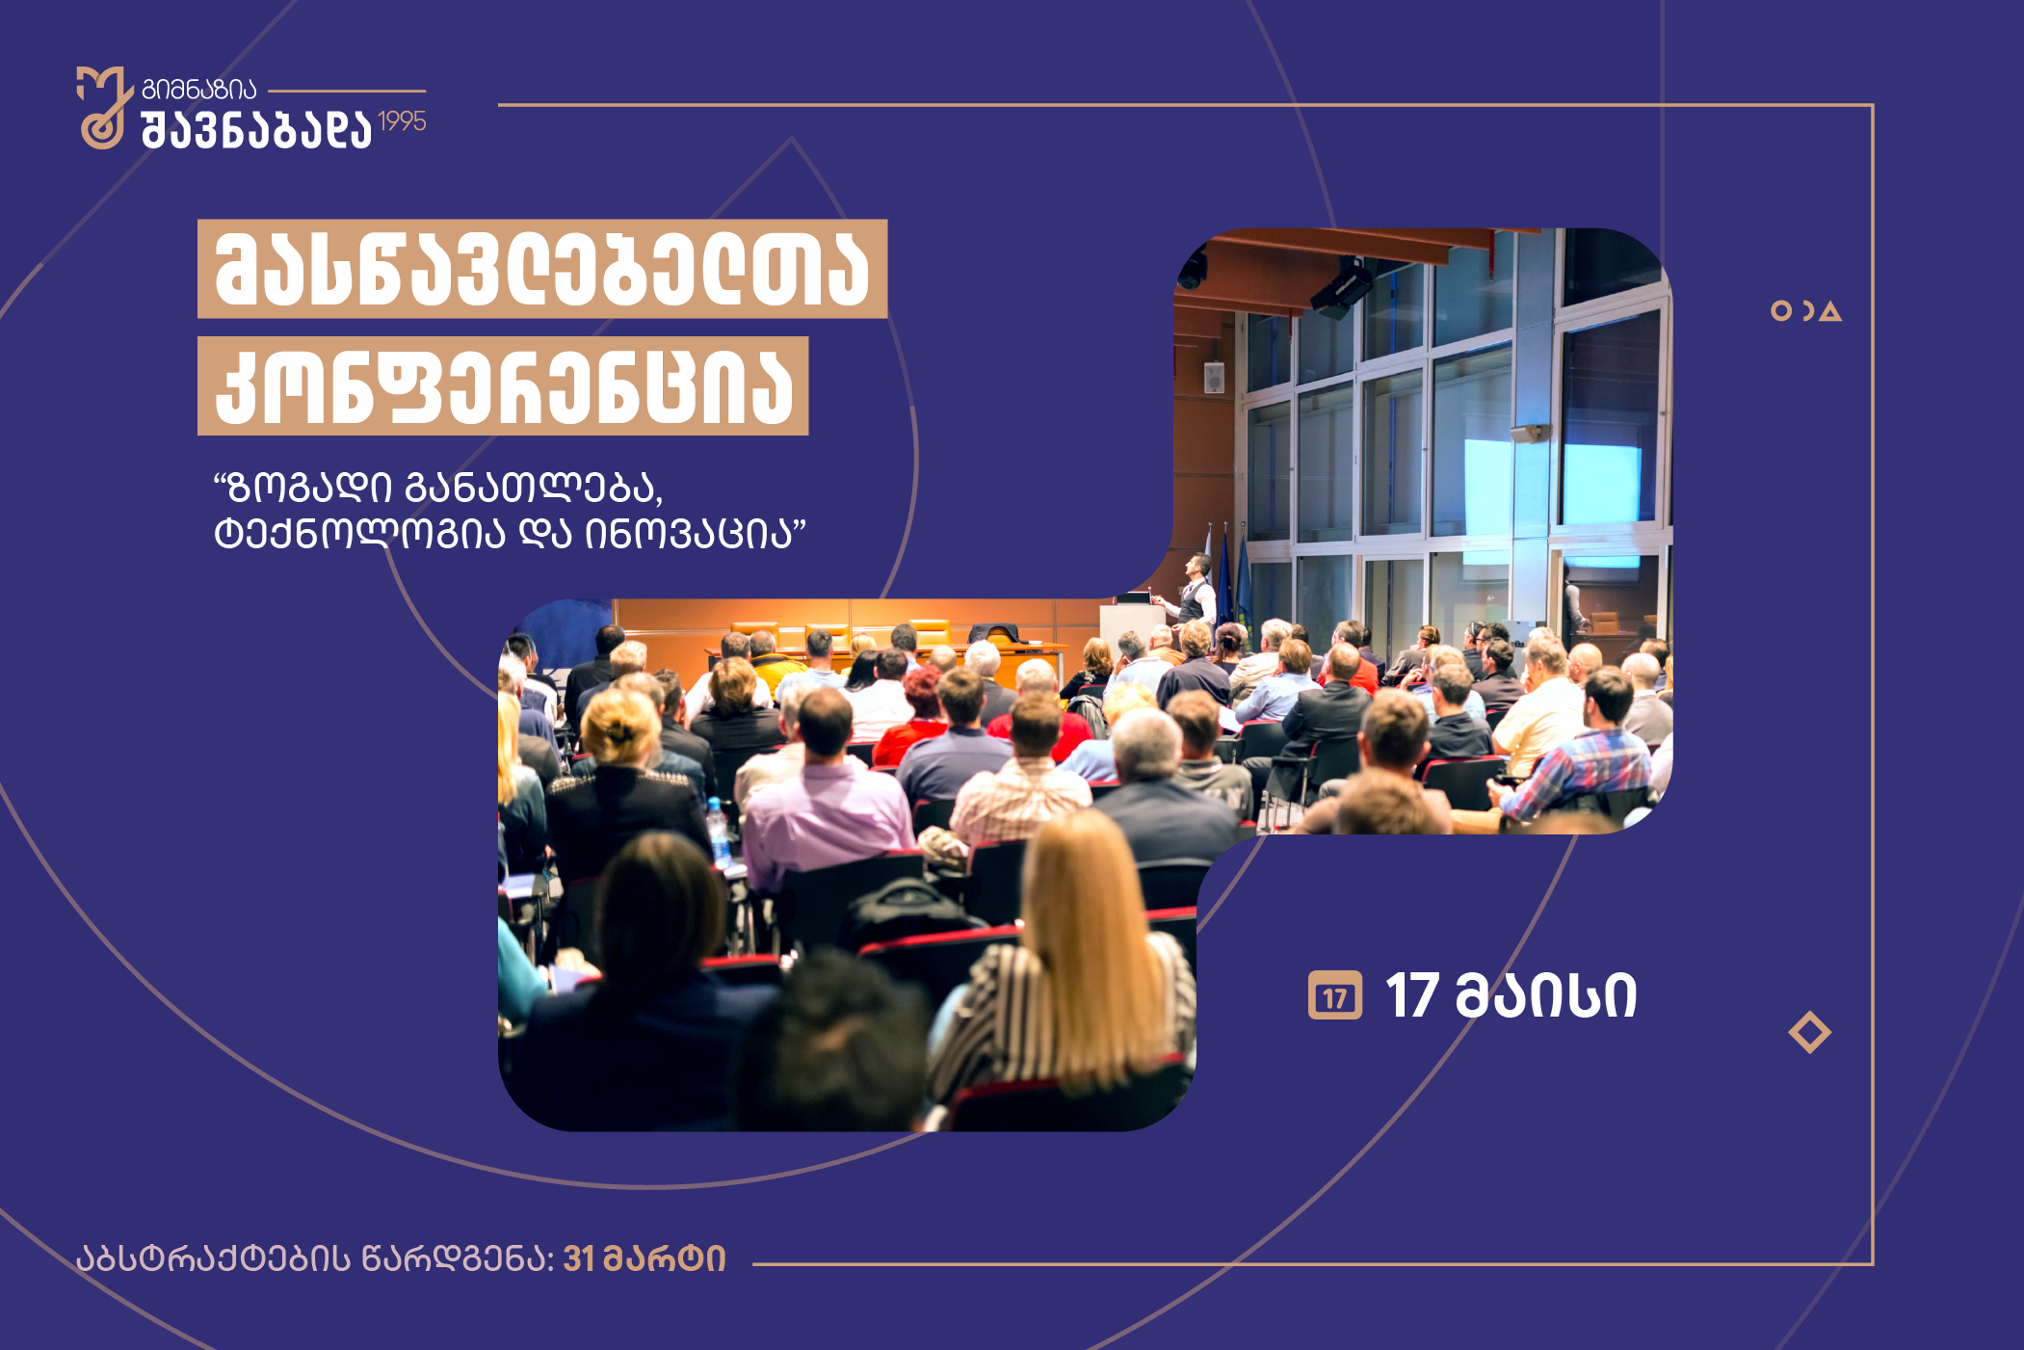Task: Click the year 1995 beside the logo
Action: (402, 121)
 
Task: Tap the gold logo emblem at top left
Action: (104, 107)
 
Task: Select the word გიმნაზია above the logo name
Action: (199, 90)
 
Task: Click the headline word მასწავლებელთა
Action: (542, 269)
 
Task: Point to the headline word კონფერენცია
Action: (503, 386)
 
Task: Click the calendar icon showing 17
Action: (1334, 995)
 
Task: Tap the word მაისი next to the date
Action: (1546, 995)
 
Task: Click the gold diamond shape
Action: (1809, 1032)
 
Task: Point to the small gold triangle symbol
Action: (1830, 311)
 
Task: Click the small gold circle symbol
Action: (1781, 310)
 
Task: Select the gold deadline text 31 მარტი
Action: (644, 1258)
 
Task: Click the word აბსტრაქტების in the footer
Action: (214, 1258)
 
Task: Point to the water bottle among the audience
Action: (718, 832)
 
